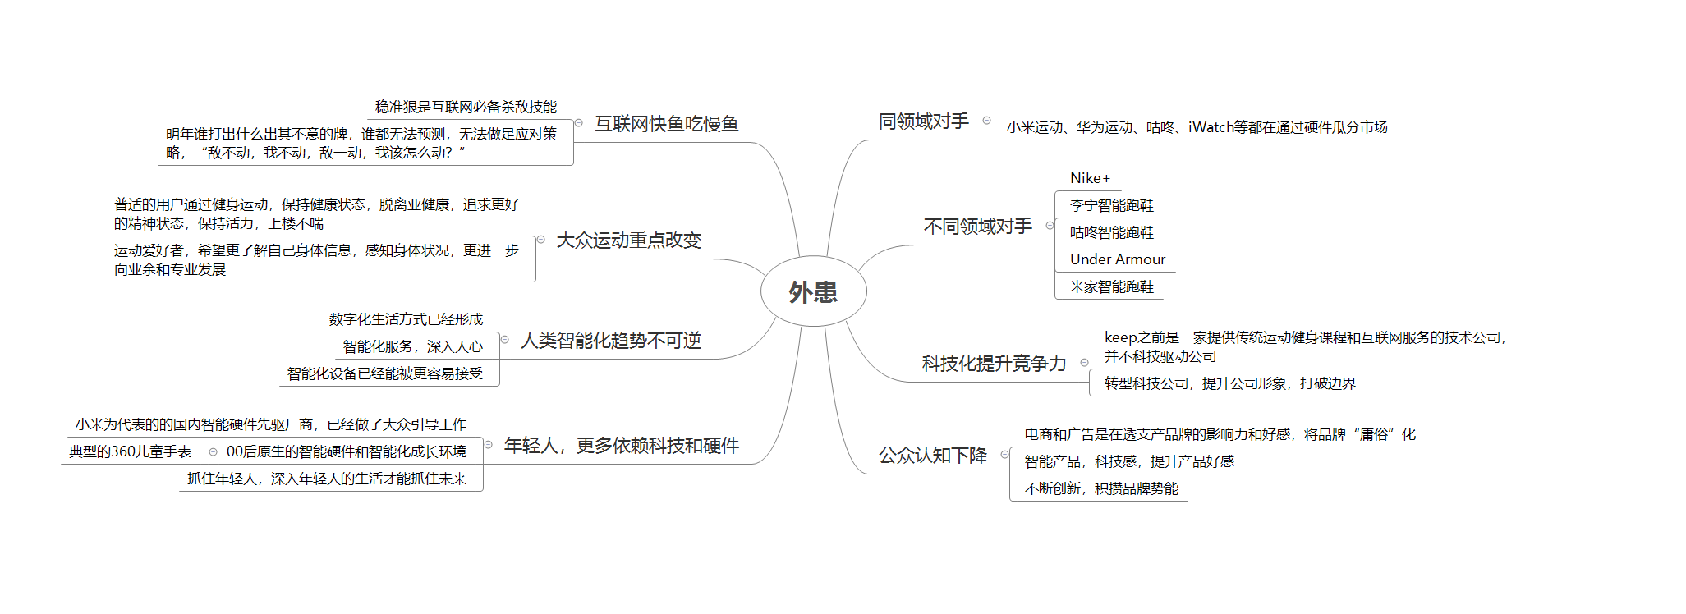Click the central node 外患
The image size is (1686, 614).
point(813,292)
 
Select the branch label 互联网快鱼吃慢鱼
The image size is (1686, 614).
point(666,124)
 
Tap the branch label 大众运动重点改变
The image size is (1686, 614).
point(628,241)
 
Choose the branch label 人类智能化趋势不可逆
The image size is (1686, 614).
point(611,341)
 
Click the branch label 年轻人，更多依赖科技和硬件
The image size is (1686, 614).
point(621,446)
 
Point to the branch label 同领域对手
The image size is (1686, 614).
point(924,121)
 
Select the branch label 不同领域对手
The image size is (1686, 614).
point(977,227)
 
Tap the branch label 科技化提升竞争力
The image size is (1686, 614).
point(994,364)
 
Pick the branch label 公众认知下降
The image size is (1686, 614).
point(933,456)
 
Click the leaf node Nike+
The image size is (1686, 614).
point(1090,178)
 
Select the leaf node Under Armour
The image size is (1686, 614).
point(1117,259)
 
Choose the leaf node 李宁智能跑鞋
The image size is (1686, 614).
point(1111,205)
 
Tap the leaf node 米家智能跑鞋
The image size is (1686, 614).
point(1111,286)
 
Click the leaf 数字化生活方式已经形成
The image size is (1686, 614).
point(406,319)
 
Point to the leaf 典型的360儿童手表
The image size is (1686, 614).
point(130,451)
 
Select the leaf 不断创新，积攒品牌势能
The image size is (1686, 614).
point(1101,488)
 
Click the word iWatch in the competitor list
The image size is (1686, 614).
point(1211,127)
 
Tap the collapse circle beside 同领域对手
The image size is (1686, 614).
point(986,121)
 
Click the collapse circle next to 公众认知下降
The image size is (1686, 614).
point(1004,455)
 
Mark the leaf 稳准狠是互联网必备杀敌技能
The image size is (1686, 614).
point(466,107)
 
